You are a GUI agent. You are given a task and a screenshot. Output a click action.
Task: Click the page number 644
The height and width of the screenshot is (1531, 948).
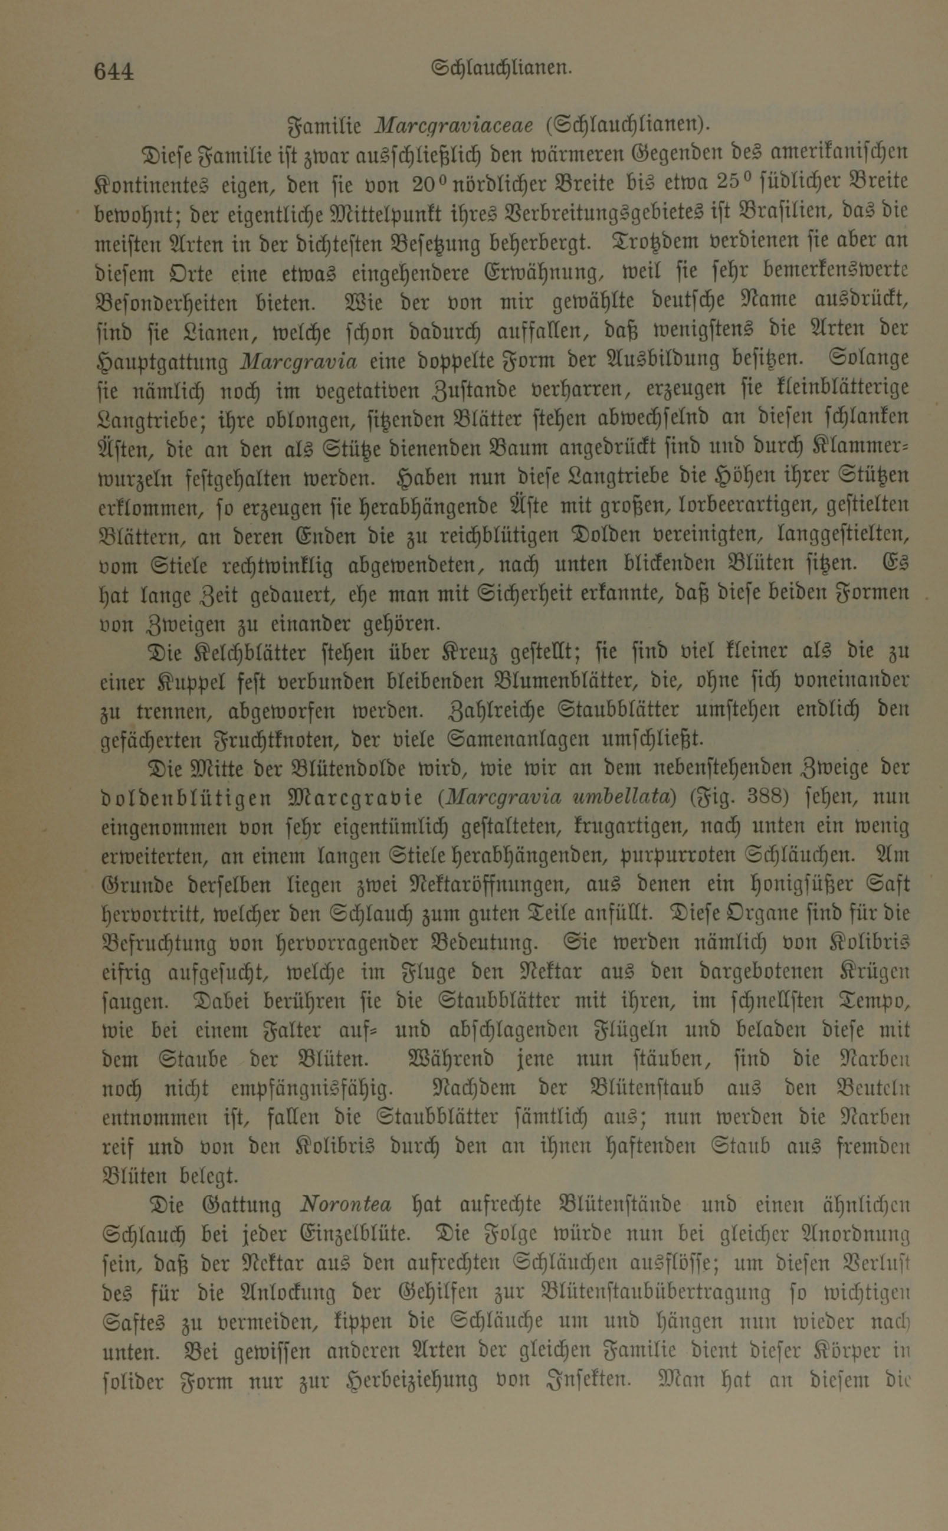pyautogui.click(x=113, y=72)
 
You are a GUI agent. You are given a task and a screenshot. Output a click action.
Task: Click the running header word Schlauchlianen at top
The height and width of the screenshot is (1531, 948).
pyautogui.click(x=501, y=68)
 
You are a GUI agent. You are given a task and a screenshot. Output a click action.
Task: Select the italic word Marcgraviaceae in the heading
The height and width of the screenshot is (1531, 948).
pyautogui.click(x=453, y=126)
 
